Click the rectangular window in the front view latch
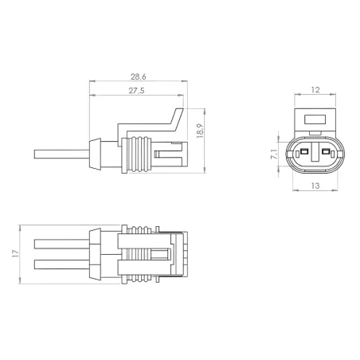[315, 122]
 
